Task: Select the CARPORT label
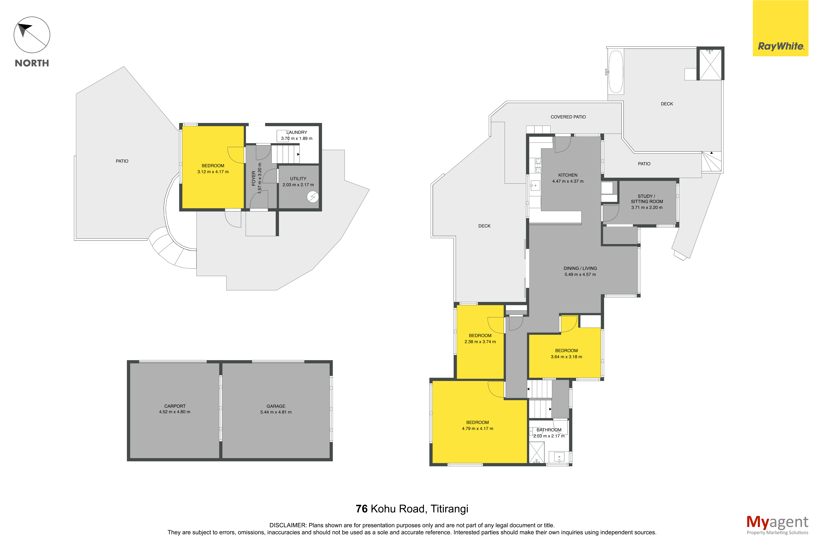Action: [175, 406]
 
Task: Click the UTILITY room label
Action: [298, 179]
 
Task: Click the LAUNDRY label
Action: [297, 132]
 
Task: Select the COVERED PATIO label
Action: [568, 117]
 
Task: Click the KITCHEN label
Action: [568, 175]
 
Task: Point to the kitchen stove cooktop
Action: [538, 166]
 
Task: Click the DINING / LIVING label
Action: [580, 268]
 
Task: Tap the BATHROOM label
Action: [549, 430]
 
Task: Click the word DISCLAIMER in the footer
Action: [288, 525]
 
